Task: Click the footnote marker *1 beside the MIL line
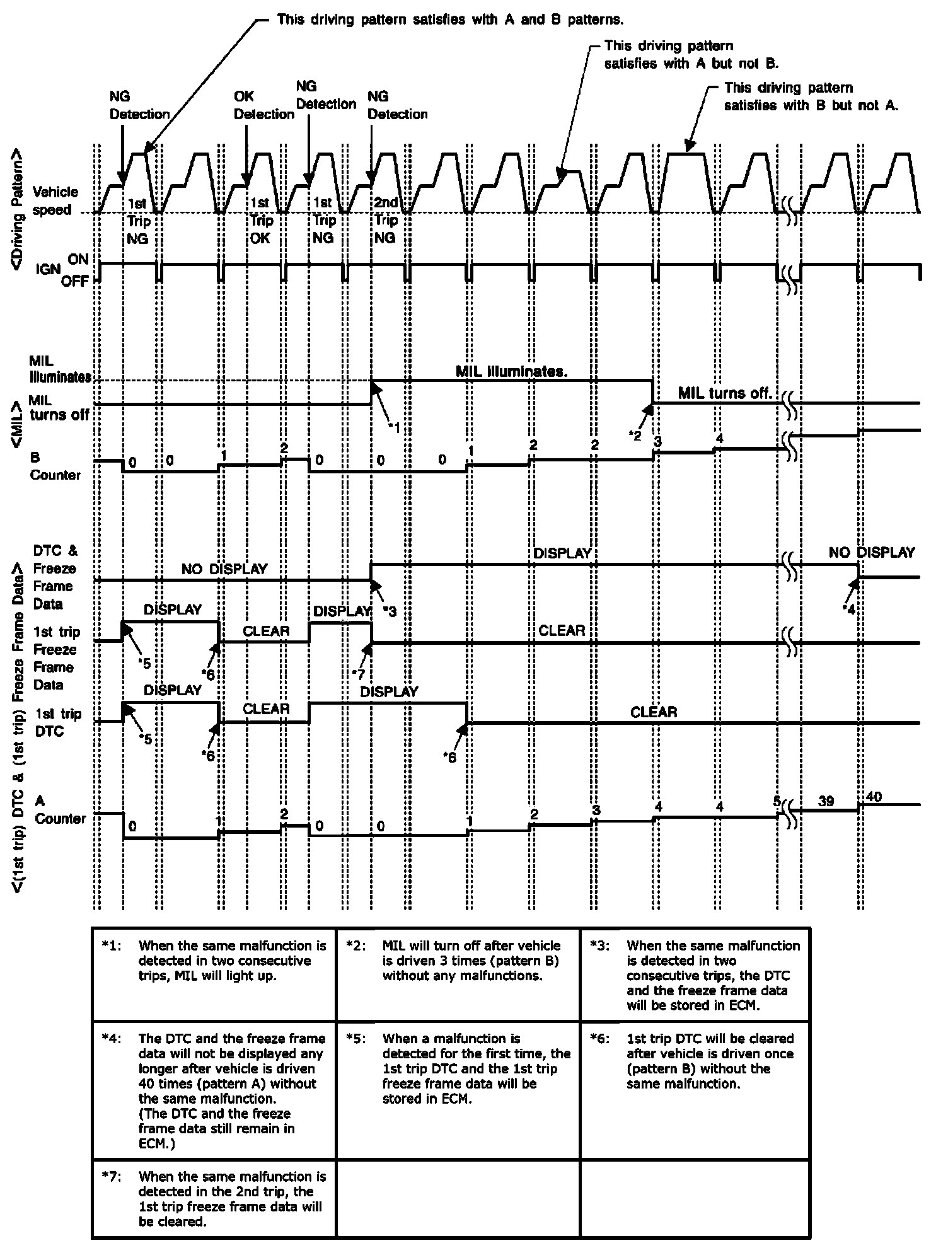394,428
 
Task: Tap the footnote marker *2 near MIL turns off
635,436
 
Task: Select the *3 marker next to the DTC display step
390,611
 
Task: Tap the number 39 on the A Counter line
826,801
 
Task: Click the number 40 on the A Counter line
874,797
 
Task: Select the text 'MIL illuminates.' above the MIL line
511,371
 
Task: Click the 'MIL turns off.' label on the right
725,393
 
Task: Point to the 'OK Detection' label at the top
263,105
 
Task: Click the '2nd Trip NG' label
386,220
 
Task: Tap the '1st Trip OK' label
260,220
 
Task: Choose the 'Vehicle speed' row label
55,200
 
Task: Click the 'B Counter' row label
55,466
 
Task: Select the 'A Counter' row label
59,810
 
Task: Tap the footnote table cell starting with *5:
458,1068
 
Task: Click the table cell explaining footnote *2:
458,974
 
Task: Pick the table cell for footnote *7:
214,1198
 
